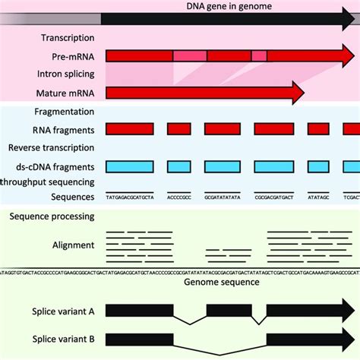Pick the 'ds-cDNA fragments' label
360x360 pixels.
(51, 166)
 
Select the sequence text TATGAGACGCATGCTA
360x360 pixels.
(130, 197)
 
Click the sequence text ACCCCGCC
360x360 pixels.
(179, 197)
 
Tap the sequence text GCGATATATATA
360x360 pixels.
(223, 197)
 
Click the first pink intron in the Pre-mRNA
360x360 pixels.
(190, 55)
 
